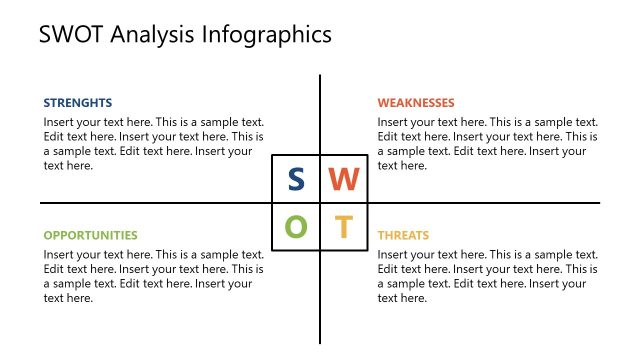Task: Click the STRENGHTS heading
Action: (77, 102)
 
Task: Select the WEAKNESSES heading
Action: (416, 102)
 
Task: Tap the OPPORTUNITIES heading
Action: (90, 235)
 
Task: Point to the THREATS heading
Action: (403, 235)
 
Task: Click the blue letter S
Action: (296, 179)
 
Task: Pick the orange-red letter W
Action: (343, 179)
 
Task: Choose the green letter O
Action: (296, 227)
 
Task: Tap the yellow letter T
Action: (343, 227)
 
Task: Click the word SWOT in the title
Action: (71, 35)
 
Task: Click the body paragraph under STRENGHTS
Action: (153, 144)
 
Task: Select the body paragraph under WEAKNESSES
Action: (487, 144)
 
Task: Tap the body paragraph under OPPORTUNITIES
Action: (153, 277)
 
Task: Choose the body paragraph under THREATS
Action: (487, 277)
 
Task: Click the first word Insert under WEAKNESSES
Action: (393, 122)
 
